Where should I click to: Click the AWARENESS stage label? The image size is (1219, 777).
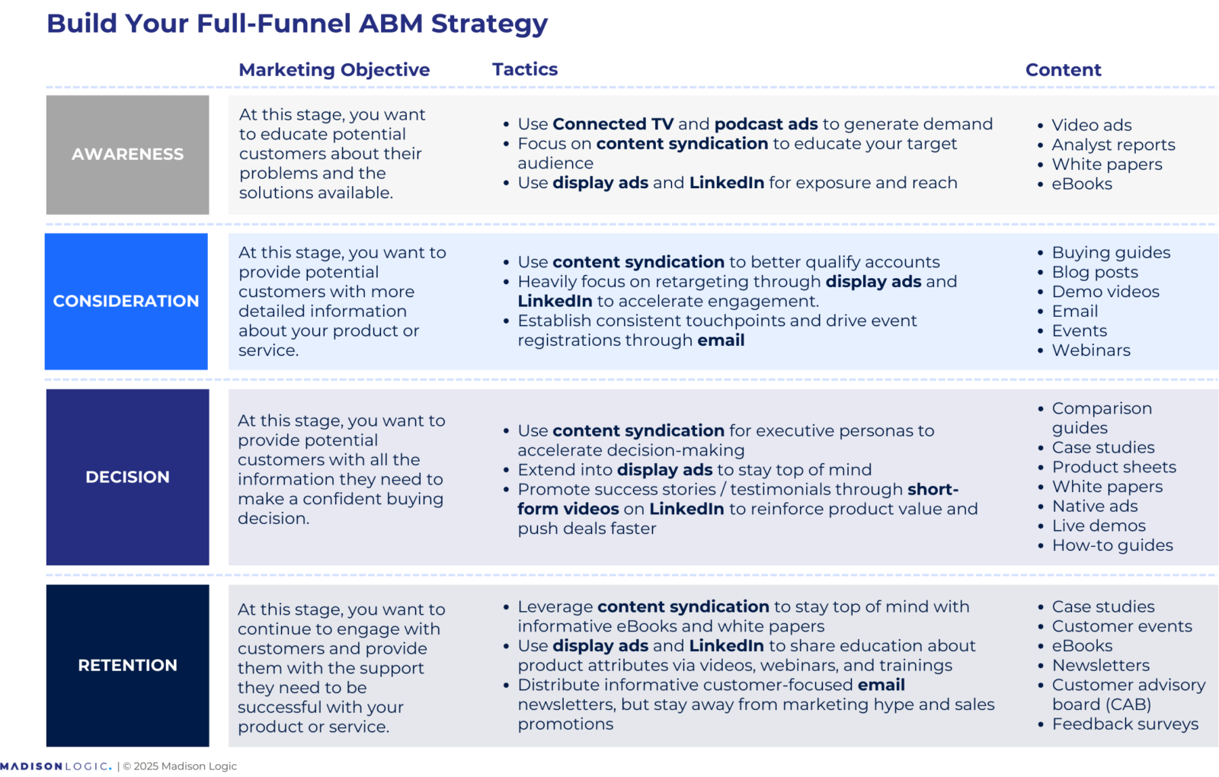point(127,154)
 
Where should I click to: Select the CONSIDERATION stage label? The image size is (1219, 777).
point(126,301)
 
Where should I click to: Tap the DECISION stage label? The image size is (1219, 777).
point(127,477)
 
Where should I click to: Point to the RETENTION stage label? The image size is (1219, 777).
point(127,665)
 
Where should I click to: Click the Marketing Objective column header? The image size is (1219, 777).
point(334,69)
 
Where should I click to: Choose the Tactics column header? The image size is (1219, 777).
point(524,69)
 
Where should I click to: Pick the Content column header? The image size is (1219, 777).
point(1063,70)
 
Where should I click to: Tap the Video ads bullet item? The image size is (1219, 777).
point(1091,125)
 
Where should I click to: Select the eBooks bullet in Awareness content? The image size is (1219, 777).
point(1081,184)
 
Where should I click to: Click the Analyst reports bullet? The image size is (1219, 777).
point(1112,145)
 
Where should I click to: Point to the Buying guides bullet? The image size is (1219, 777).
point(1110,252)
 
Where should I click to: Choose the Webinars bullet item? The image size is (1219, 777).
point(1090,350)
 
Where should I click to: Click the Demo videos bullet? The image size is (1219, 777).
point(1105,292)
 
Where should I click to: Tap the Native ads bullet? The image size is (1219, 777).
point(1094,506)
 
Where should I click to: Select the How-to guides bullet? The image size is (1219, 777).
point(1112,545)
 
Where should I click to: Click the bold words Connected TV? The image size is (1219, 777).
point(613,124)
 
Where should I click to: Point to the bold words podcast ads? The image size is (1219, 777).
point(766,124)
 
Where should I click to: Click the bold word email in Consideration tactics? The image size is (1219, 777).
point(720,341)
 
